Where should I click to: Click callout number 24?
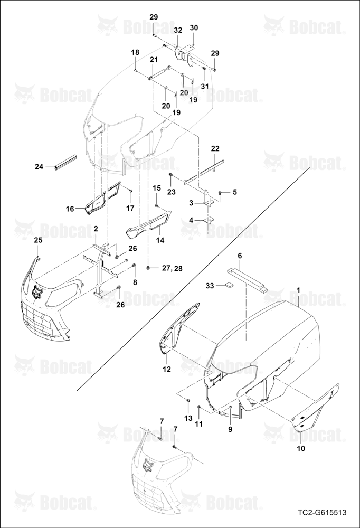pos(40,166)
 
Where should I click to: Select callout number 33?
pos(210,286)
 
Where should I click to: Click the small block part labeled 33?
pos(230,285)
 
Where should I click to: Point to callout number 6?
pos(240,256)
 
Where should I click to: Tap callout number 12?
pos(167,370)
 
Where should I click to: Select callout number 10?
pos(301,448)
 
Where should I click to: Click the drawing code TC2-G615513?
pos(322,513)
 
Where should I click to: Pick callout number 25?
pos(39,240)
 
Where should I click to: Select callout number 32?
pos(178,30)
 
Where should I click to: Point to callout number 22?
pos(215,148)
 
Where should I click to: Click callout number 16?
pos(70,209)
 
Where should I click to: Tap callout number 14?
pos(160,240)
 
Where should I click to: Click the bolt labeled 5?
pos(220,192)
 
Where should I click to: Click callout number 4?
pos(191,220)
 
